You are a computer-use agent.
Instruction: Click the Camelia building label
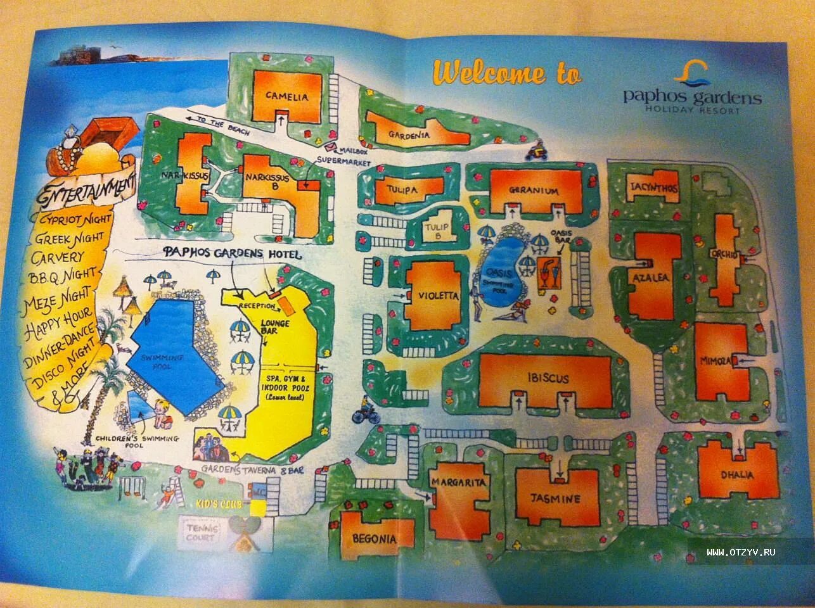[287, 97]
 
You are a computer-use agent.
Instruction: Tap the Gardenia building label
[409, 134]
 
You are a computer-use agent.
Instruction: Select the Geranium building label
[534, 190]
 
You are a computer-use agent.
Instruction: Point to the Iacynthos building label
[653, 188]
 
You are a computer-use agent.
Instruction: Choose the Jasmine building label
[556, 498]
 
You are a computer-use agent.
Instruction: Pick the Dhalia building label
[737, 475]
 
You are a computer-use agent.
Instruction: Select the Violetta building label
[438, 295]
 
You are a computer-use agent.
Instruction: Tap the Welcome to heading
[506, 73]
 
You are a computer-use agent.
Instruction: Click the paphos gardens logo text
[692, 98]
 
